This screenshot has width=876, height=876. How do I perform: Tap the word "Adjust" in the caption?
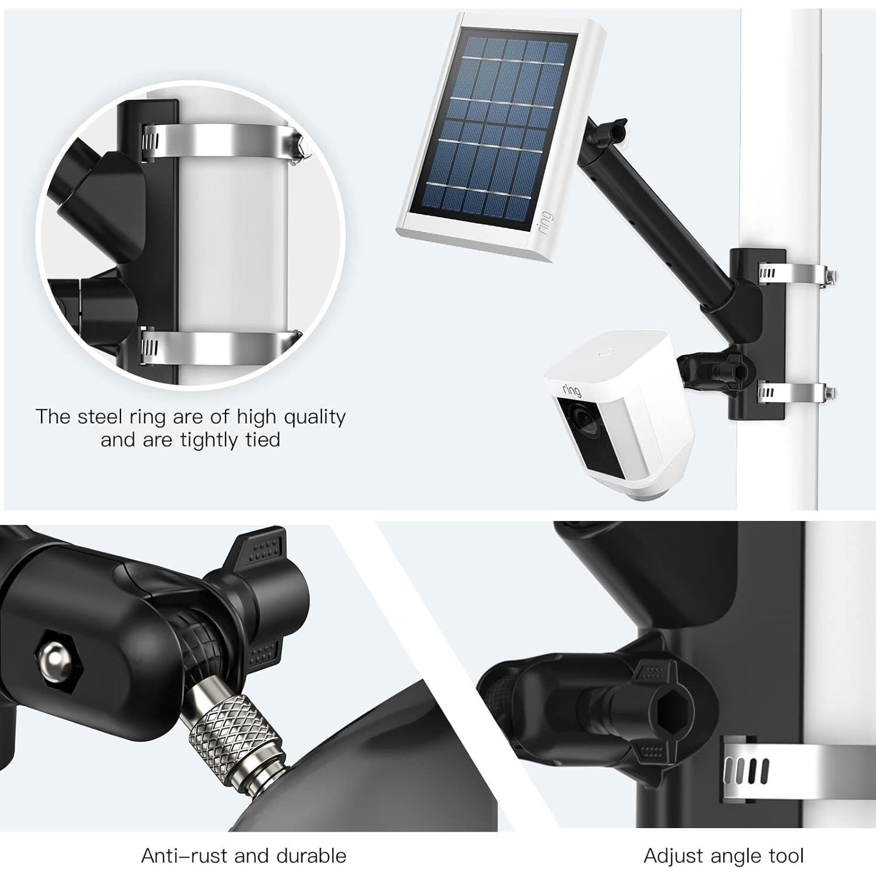coord(672,856)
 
